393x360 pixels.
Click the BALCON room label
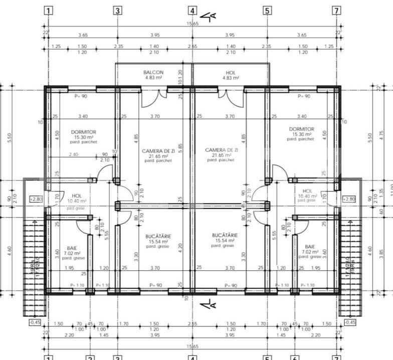tap(153, 72)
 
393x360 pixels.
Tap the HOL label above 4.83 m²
tap(231, 72)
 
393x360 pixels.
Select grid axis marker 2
tap(90, 357)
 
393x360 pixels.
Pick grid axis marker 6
tap(295, 357)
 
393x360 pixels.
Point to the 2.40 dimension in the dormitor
tap(74, 154)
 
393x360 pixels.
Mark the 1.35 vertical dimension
tap(382, 191)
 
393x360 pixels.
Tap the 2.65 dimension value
tap(192, 47)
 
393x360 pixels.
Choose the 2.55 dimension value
tap(192, 324)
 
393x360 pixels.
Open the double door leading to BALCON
tap(154, 98)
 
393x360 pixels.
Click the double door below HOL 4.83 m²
tap(231, 98)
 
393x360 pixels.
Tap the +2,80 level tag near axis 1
tap(36, 199)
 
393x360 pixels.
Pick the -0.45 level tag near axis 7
tap(350, 322)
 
